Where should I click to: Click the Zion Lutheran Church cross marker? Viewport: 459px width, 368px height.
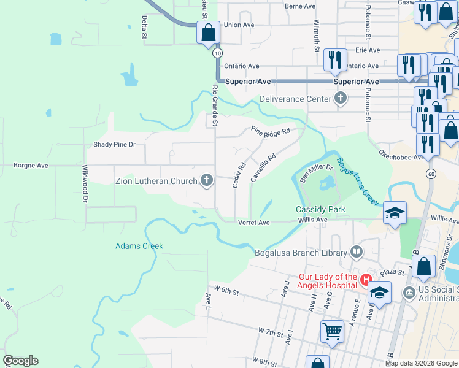pos(207,180)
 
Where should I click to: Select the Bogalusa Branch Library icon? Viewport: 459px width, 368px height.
pos(357,251)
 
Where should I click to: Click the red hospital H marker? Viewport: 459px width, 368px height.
pos(367,280)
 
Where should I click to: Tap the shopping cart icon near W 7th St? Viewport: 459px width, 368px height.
pos(332,331)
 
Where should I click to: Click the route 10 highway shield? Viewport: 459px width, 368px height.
pos(217,53)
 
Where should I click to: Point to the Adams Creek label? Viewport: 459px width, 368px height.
pos(139,246)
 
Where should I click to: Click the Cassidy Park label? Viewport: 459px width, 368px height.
pos(320,209)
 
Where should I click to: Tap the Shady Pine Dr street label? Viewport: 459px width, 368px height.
pos(114,145)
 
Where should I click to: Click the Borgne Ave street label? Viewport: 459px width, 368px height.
pos(31,165)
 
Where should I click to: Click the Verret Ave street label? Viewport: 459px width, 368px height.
pos(254,222)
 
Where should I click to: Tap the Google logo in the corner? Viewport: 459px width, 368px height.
pos(20,361)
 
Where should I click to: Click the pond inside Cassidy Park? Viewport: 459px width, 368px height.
pos(326,183)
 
